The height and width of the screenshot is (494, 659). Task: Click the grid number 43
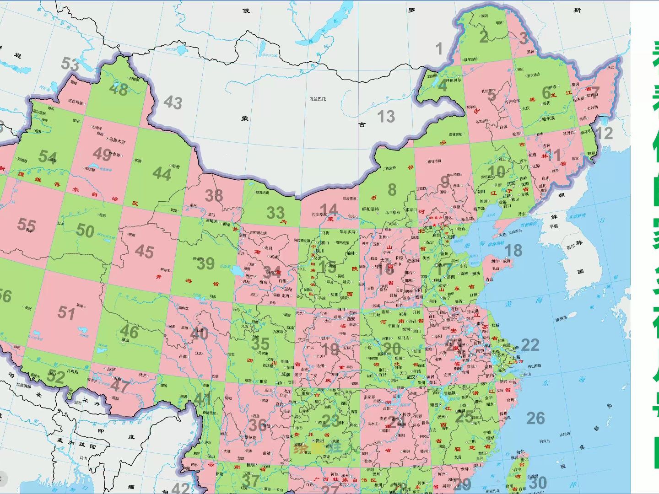173,102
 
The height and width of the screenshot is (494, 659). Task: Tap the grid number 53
70,64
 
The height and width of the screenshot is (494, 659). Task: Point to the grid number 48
119,89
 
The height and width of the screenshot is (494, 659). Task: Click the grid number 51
66,313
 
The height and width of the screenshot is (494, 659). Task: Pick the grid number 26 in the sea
535,418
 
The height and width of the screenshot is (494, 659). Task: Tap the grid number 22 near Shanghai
530,345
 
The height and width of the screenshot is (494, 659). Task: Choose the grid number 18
513,250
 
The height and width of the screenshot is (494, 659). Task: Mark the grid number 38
214,196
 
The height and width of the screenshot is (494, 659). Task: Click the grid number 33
275,213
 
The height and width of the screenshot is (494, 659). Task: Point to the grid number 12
604,133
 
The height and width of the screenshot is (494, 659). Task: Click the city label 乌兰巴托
317,99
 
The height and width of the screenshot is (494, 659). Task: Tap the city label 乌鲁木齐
117,141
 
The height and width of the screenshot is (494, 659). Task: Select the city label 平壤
554,226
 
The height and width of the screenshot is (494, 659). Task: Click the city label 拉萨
111,369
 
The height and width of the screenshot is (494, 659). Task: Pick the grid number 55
27,225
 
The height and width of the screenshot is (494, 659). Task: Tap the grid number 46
129,332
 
